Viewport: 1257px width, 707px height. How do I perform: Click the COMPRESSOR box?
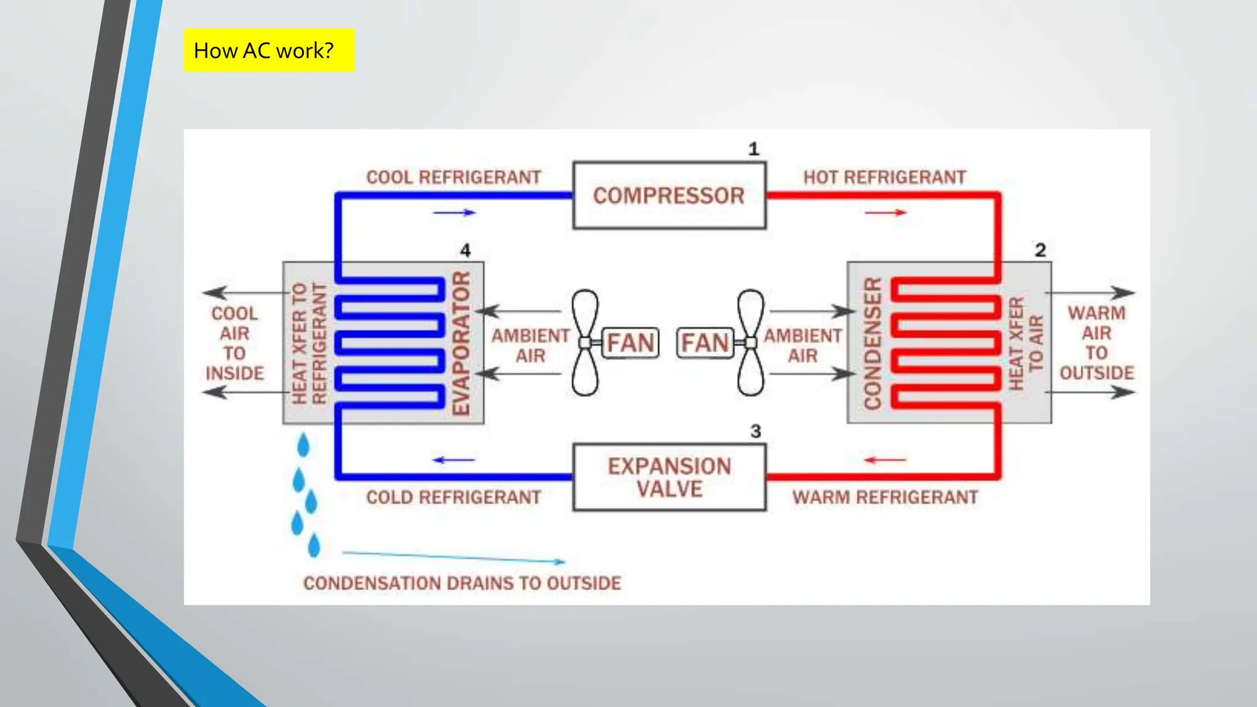click(x=669, y=195)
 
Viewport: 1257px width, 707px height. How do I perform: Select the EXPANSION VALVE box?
click(x=669, y=477)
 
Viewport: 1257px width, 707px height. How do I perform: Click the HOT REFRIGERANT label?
click(x=884, y=177)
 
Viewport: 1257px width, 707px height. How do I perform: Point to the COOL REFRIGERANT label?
click(x=454, y=177)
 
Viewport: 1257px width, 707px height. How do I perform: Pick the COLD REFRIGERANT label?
click(x=454, y=497)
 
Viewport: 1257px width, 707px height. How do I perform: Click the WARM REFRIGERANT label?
click(x=884, y=497)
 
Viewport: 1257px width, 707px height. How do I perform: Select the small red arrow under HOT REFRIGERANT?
click(x=885, y=212)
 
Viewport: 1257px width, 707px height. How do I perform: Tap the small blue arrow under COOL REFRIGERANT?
click(x=454, y=212)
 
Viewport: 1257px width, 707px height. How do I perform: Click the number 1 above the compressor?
click(x=754, y=149)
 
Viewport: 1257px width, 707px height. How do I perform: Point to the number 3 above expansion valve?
click(x=756, y=431)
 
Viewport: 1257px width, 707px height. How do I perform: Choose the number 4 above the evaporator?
click(x=465, y=250)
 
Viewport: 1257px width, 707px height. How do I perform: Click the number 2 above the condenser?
click(x=1040, y=250)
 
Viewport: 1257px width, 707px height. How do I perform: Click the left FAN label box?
click(x=631, y=342)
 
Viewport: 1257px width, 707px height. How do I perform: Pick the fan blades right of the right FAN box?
click(x=751, y=342)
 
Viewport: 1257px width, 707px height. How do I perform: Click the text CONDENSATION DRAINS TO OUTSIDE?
click(x=462, y=583)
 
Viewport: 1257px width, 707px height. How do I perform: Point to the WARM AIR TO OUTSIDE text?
click(x=1097, y=342)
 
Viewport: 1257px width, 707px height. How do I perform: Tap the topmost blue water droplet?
click(x=303, y=446)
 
